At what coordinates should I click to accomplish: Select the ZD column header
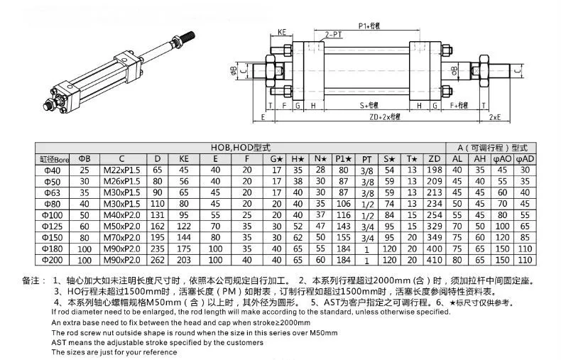tap(435, 159)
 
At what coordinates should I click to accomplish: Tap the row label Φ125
tap(53, 225)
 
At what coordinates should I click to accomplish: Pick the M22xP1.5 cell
tap(122, 170)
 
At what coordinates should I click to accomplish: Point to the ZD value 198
tap(435, 170)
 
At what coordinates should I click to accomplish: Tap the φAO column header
tap(503, 159)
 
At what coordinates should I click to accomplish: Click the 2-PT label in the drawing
tap(331, 34)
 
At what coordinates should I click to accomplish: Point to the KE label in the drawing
tap(282, 32)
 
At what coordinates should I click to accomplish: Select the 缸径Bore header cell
tap(53, 159)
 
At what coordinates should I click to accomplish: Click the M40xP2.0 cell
tap(122, 214)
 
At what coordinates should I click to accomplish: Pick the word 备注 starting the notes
tap(33, 281)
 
